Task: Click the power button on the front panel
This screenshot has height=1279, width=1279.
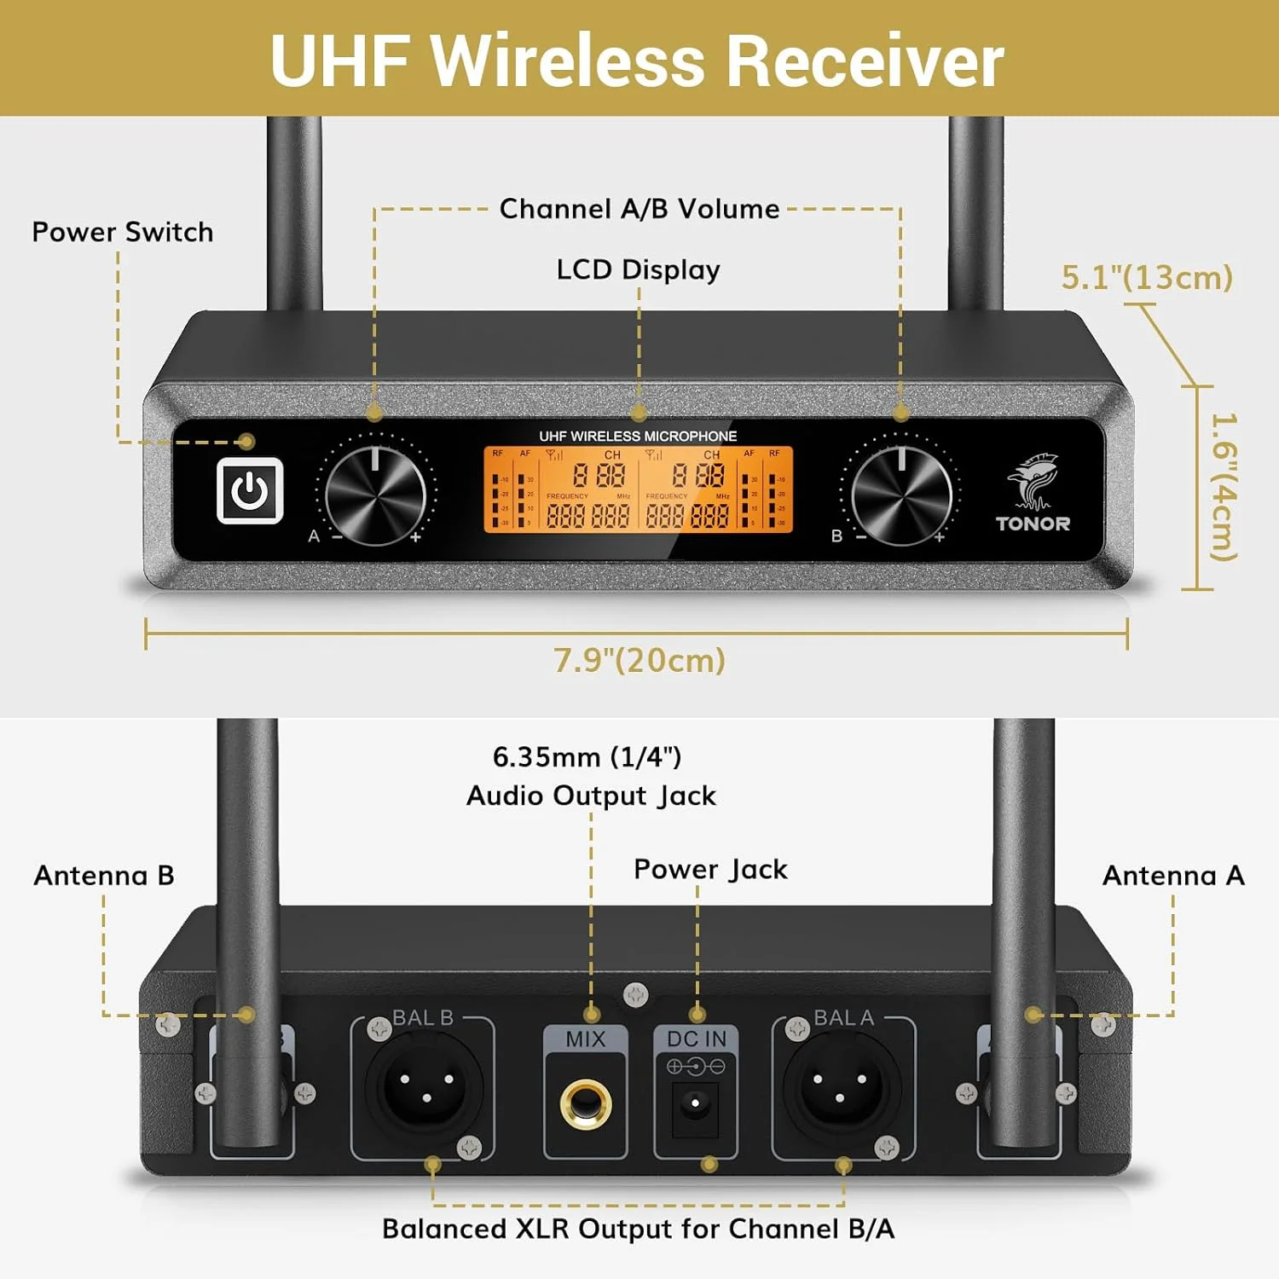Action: click(x=250, y=490)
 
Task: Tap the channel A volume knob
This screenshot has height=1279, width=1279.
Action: click(x=375, y=495)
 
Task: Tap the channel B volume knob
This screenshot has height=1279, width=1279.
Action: click(x=901, y=495)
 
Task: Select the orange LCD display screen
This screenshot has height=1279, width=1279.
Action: click(x=639, y=489)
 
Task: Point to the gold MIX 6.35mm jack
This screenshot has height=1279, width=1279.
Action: click(x=585, y=1103)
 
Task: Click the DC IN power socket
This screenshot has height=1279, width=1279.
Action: click(x=696, y=1104)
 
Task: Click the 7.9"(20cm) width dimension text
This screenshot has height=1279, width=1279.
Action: click(x=639, y=661)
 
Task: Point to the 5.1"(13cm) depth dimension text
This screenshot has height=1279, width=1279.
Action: click(x=1147, y=277)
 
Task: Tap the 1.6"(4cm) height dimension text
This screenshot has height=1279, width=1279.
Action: click(x=1224, y=488)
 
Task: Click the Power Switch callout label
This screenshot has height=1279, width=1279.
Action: click(x=123, y=232)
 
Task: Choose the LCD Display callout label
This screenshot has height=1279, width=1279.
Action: click(x=638, y=269)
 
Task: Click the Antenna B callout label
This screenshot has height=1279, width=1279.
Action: click(x=104, y=876)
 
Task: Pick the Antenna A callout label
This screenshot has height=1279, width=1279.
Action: click(x=1173, y=876)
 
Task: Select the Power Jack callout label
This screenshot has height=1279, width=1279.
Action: click(x=710, y=870)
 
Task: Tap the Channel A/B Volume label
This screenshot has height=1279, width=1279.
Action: click(x=639, y=209)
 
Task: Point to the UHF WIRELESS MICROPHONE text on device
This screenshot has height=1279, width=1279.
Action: click(x=638, y=436)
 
